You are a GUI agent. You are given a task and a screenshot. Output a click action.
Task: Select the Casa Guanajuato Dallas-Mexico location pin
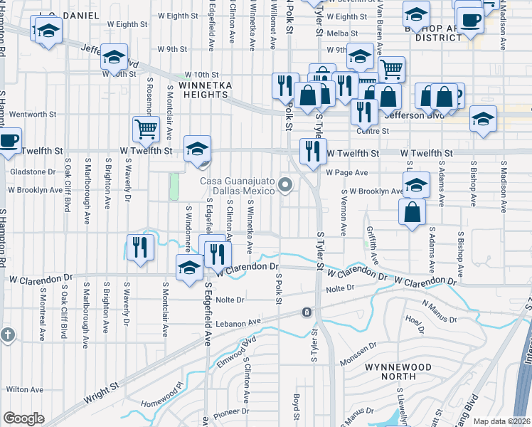(286, 186)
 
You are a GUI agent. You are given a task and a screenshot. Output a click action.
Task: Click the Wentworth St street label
(33, 114)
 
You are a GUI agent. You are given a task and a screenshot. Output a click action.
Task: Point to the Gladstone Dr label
(32, 172)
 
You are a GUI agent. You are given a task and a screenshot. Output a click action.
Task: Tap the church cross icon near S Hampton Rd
(7, 334)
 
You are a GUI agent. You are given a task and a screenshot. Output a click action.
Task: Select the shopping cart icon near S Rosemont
(146, 130)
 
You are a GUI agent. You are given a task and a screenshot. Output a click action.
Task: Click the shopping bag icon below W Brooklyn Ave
(413, 211)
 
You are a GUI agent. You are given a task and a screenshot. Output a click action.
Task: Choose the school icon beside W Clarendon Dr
(190, 268)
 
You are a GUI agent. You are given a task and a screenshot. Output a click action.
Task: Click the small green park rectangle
(174, 186)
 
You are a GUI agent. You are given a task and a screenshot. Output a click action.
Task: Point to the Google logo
(23, 418)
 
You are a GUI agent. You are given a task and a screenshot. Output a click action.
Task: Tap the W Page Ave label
(347, 172)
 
